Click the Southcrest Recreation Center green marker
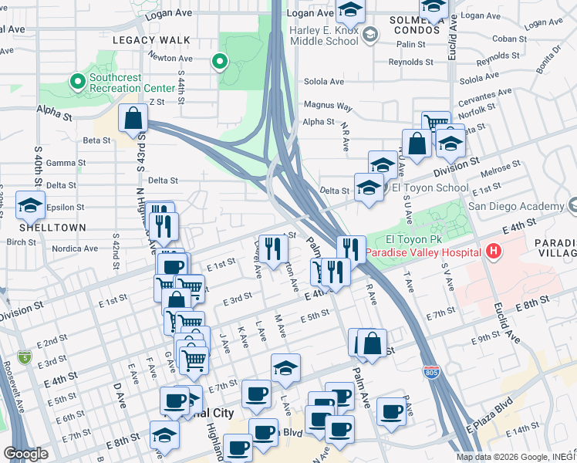click(x=77, y=80)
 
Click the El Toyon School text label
click(x=430, y=188)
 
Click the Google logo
click(x=25, y=454)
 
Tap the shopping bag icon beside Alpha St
click(x=133, y=119)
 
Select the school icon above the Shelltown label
click(x=31, y=205)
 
